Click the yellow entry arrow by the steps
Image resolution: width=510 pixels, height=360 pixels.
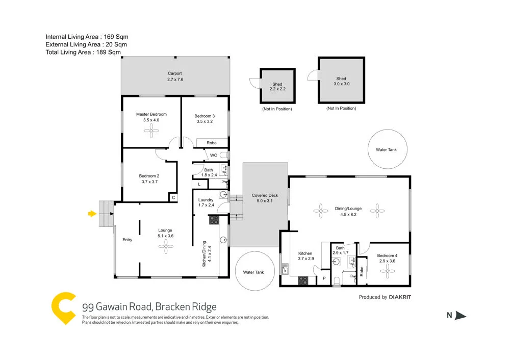click(x=92, y=214)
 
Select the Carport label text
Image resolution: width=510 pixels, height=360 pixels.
click(x=174, y=73)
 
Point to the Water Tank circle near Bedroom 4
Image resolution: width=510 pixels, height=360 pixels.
click(x=386, y=150)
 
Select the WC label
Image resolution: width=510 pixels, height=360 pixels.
click(x=213, y=155)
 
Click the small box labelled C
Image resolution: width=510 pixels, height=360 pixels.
click(x=173, y=197)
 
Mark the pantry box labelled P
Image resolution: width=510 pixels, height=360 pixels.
click(x=323, y=279)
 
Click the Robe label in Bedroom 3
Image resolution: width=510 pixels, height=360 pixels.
click(x=211, y=143)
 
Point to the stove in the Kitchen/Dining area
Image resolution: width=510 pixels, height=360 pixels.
click(x=214, y=220)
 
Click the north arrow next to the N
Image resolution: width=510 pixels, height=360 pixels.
click(x=461, y=316)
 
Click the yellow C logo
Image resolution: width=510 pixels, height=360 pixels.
click(x=63, y=308)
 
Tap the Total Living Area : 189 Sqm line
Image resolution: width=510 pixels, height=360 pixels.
click(x=83, y=52)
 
